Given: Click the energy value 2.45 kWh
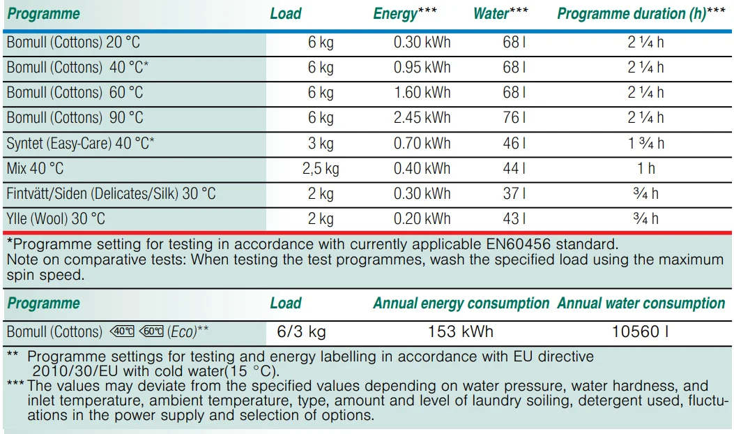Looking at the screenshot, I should point(422,118).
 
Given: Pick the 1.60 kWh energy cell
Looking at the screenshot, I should point(422,93).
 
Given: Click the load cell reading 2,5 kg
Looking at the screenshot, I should point(321,169).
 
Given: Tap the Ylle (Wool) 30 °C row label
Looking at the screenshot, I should point(56,219).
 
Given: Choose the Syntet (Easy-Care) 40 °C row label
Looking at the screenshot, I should point(80,144).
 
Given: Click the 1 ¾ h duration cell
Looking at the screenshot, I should point(645,144).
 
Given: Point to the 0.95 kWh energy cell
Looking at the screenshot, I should point(422,68).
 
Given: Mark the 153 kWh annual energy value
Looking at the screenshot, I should point(460,331).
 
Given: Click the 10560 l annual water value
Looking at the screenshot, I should point(640,331).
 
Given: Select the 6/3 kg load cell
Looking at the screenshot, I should point(301,331).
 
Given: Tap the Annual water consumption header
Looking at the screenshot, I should point(641,304).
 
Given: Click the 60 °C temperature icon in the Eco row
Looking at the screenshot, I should point(151,331).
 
